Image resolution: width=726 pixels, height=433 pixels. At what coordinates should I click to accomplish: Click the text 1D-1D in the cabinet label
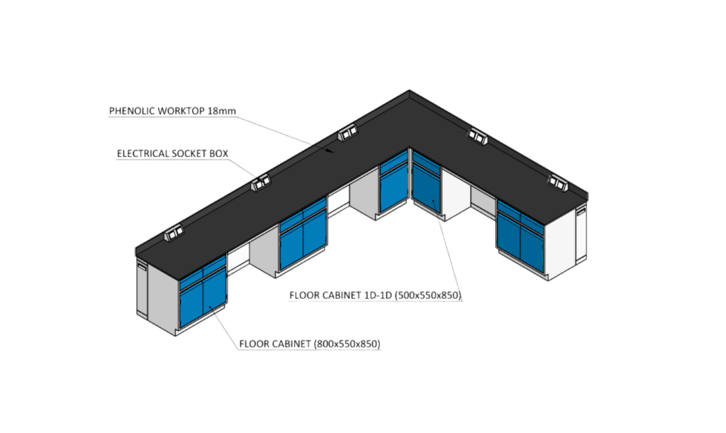click(369, 295)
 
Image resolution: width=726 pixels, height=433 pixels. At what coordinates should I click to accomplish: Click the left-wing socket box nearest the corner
click(347, 132)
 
